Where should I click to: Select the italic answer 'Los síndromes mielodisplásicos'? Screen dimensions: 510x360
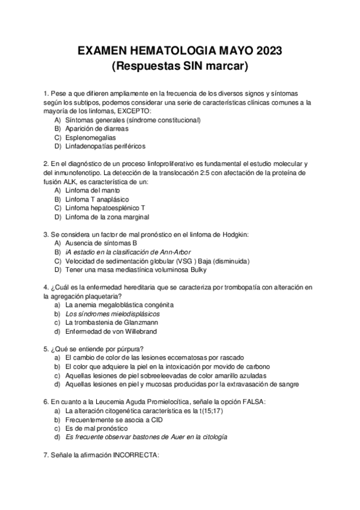click(112, 313)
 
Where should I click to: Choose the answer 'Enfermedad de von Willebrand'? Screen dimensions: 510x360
click(110, 331)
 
